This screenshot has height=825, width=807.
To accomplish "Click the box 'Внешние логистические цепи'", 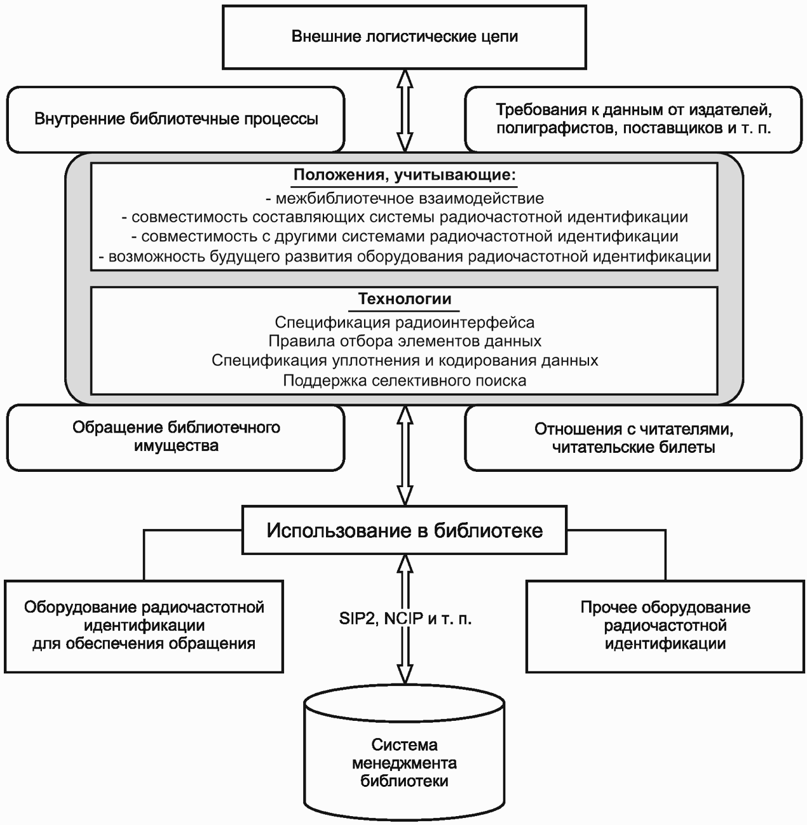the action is coord(404,37).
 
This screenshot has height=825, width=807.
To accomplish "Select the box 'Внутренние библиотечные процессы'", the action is coord(175,119).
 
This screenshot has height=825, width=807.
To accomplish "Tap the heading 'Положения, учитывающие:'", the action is coord(405,175).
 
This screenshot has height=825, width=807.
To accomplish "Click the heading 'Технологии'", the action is coord(405,299).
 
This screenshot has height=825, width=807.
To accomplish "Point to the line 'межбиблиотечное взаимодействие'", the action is coord(405,198).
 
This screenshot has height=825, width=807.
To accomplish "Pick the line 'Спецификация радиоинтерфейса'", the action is coord(405,322).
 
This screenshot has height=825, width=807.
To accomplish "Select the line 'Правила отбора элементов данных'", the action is coord(405,341).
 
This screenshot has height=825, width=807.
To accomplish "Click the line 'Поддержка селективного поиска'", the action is coord(405,380).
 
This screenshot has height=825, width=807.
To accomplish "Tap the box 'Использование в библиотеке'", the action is coord(404,530).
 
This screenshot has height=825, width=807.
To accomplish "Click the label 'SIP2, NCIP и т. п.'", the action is coord(405,619).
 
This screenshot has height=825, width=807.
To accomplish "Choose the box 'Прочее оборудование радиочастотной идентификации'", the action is coord(665,627).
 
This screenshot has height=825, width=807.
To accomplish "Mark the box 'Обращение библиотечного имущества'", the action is coord(175,438).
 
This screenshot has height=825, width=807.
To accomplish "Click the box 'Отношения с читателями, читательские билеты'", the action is coord(634,438).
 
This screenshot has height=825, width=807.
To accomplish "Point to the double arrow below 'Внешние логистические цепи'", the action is coord(405,111).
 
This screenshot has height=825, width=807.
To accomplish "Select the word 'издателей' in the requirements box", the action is coord(729,111).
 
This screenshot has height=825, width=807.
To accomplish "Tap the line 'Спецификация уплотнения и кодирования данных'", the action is coord(405,361).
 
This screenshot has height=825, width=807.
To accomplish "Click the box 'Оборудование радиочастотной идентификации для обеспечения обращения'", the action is coord(144,627).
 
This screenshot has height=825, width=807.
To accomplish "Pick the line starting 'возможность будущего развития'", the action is coord(405,257).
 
